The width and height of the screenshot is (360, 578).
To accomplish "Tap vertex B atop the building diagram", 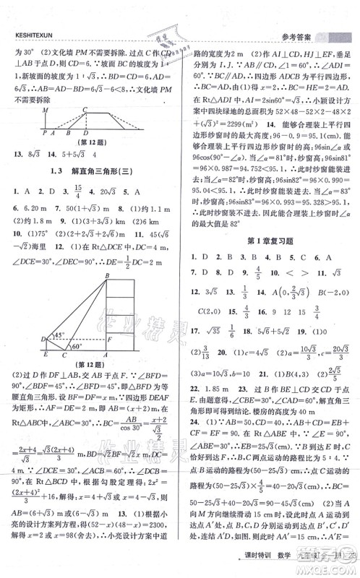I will (x=107, y=275).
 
